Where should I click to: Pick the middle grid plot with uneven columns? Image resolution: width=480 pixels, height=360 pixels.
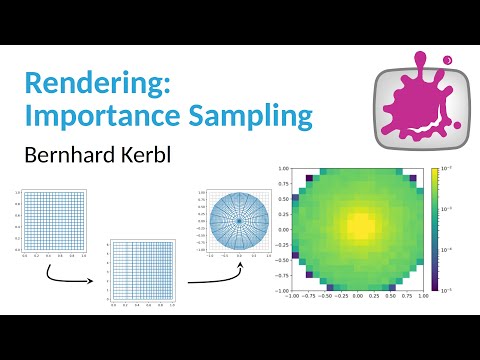tap(144, 271)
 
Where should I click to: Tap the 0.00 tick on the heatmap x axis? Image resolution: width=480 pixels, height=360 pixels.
tap(356, 297)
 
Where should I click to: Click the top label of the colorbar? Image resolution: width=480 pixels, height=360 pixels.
tap(452, 171)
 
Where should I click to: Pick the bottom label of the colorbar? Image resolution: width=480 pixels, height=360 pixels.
tap(452, 290)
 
